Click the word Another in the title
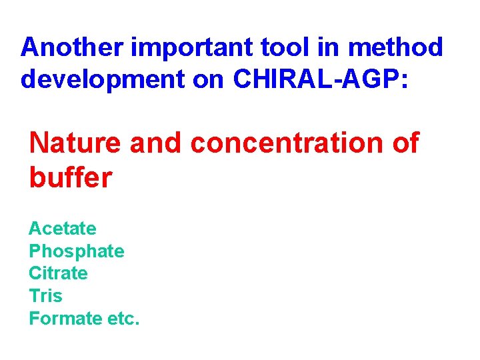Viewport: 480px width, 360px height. [72, 47]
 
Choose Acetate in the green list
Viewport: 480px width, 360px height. [62, 229]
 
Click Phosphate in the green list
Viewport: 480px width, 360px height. [76, 251]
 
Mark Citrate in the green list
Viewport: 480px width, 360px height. [58, 273]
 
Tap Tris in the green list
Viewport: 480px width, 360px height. [45, 296]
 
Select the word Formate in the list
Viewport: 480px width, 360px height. [64, 318]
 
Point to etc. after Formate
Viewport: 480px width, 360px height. [123, 318]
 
